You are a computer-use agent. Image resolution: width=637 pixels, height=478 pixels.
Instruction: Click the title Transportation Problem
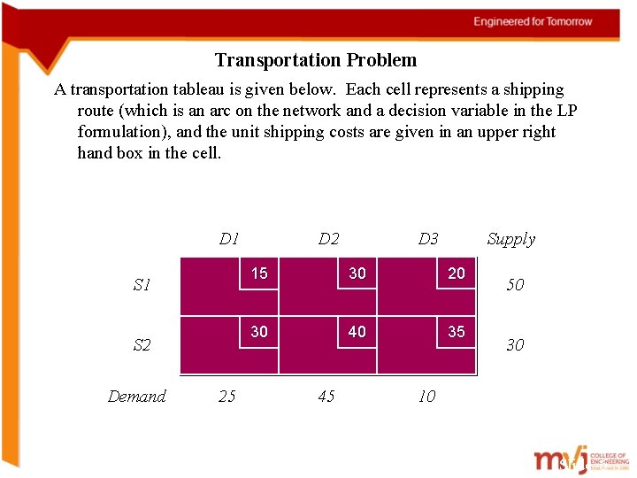315,60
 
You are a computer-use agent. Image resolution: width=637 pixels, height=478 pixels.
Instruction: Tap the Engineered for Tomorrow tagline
533,21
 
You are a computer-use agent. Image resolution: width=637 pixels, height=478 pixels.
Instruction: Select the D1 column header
229,239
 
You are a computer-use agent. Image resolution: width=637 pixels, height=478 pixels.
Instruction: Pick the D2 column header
328,239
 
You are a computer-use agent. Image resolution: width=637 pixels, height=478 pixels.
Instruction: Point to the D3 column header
427,239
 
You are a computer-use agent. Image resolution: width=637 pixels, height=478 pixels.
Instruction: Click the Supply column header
510,239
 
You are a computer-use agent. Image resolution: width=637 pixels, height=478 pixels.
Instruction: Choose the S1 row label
142,285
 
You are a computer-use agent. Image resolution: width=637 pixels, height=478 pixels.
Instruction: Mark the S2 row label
142,345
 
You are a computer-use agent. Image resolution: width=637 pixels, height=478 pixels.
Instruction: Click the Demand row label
136,397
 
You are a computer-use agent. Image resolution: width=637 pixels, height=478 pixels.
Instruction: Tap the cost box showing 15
258,274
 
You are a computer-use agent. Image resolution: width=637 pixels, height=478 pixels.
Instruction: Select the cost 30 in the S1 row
357,274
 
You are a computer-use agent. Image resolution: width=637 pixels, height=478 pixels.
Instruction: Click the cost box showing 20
457,274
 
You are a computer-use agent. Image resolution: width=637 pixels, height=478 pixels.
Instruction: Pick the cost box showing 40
357,332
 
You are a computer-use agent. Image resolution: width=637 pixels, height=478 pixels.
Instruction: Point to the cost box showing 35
457,332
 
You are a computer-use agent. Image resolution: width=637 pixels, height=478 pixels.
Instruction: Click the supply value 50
514,285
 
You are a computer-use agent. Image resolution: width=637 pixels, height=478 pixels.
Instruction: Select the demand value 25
227,397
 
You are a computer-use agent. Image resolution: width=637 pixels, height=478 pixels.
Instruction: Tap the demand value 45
326,397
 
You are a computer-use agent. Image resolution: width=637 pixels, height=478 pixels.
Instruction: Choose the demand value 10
426,397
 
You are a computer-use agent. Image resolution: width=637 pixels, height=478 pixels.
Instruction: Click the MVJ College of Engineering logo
579,460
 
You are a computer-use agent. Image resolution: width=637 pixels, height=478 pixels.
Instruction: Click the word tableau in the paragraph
196,89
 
